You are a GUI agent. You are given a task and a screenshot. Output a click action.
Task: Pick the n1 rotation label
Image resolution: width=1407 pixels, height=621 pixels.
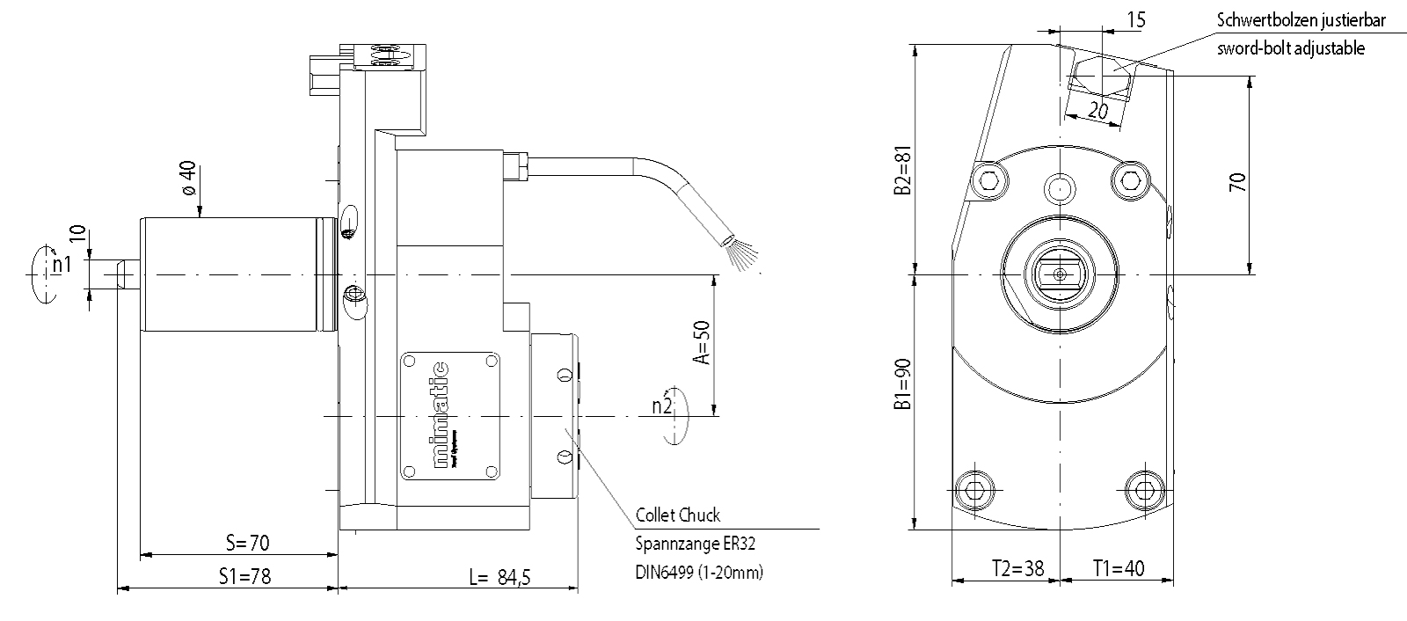click(60, 264)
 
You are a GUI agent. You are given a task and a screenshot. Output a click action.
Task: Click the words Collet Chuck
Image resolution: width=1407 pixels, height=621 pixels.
click(677, 515)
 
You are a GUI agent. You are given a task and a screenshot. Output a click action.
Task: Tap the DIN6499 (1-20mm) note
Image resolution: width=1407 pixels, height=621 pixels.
click(699, 572)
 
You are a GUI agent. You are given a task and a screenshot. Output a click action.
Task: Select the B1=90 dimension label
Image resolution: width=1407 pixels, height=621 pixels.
click(900, 386)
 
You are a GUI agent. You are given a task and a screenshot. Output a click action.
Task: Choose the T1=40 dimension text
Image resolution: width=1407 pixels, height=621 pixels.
click(1119, 569)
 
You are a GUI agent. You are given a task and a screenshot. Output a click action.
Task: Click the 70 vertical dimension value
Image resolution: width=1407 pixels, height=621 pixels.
click(1237, 183)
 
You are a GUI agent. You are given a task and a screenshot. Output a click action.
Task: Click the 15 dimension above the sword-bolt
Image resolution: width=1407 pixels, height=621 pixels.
click(1135, 19)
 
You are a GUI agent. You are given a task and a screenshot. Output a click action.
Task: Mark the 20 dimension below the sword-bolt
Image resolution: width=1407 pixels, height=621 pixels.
click(1097, 110)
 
